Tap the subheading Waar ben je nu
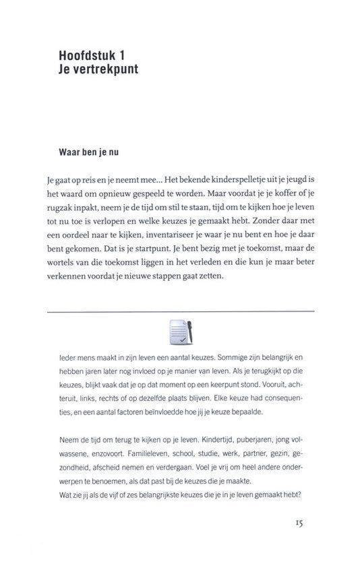point(88,152)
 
